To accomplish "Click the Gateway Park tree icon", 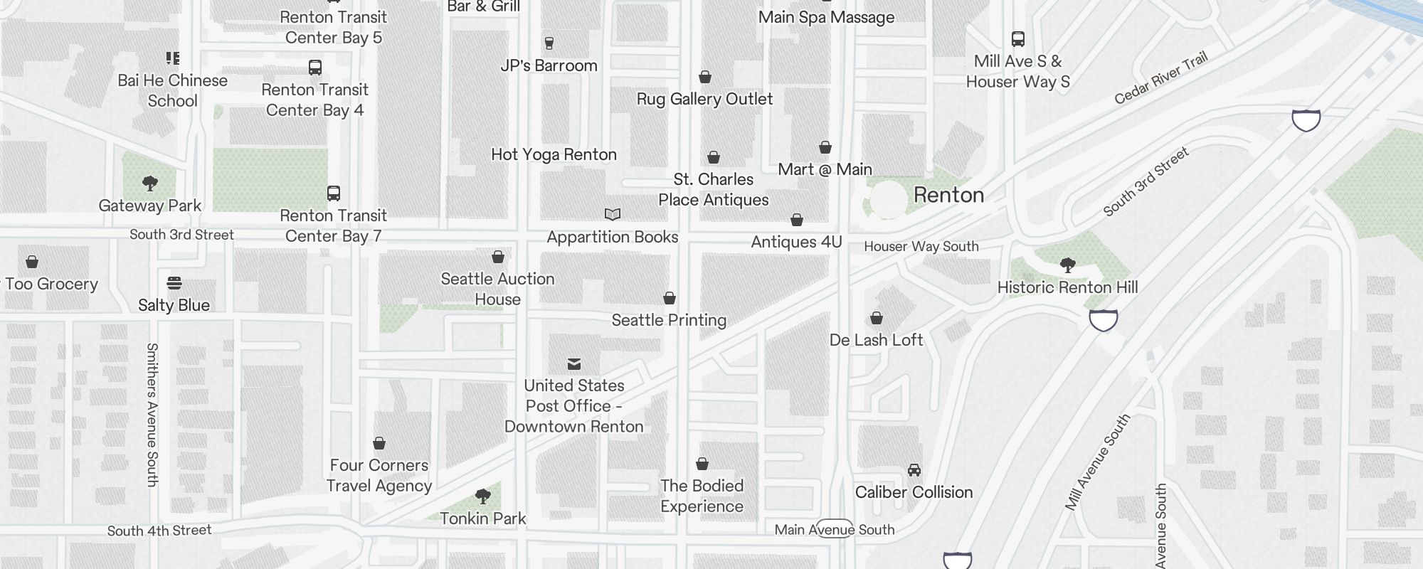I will coord(149,184).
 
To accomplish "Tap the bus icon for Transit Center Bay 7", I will coord(334,193).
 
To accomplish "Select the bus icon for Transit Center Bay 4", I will coord(315,68).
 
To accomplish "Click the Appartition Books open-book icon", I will coord(612,214).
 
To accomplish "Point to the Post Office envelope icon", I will coord(574,364).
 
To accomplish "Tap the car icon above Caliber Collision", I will coord(914,470).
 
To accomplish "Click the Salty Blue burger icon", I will coord(174,283).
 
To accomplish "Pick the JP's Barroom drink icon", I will coord(549,43).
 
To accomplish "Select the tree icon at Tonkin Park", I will coord(483,496).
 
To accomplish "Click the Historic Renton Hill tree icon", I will coord(1067,265).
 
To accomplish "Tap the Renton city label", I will coord(948,195).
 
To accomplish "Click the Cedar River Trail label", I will coord(1160,78).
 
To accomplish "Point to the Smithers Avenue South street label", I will coord(152,415).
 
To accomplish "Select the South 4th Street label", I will coord(159,531).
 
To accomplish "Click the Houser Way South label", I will coord(921,247).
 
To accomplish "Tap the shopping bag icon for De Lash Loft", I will coord(877,318).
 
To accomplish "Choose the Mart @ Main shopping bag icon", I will coord(825,147).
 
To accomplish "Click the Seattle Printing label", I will coord(669,320).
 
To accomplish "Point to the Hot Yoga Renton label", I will coord(554,154).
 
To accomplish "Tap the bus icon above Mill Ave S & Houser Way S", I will coord(1018,39).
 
